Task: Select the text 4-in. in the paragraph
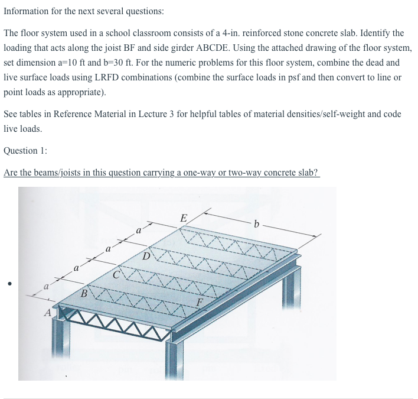[263, 33]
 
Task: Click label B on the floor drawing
[84, 293]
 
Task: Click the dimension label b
[256, 223]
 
